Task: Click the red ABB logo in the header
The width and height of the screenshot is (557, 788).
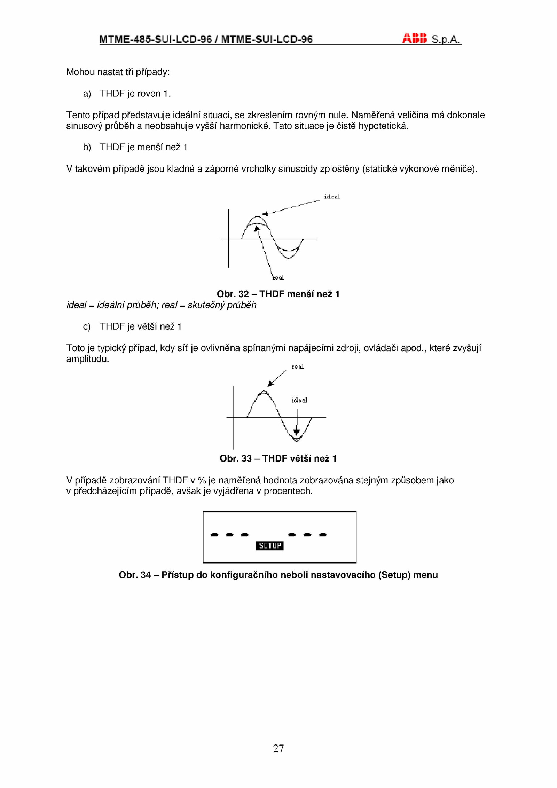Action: [x=414, y=38]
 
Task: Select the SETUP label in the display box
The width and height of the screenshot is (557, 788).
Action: [x=270, y=546]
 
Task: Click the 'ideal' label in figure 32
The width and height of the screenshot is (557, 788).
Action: [x=332, y=197]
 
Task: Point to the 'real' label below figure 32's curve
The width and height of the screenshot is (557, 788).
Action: [x=278, y=278]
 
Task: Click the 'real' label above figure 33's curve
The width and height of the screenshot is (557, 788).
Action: [x=298, y=367]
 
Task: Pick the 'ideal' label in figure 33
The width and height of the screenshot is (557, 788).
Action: [x=299, y=400]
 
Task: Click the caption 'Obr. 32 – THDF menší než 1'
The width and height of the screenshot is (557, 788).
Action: [x=278, y=294]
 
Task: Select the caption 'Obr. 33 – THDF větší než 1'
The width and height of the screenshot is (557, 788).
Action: [x=278, y=458]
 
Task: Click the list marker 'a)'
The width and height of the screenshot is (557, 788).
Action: [x=87, y=94]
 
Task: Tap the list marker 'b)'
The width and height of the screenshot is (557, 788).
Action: [x=87, y=147]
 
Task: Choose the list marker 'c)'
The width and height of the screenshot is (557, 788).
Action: [x=87, y=326]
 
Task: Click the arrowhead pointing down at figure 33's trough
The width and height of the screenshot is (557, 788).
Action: [x=296, y=432]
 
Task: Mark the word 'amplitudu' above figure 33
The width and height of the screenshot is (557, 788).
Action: [x=87, y=359]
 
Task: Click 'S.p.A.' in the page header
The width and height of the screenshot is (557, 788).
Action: [x=446, y=39]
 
